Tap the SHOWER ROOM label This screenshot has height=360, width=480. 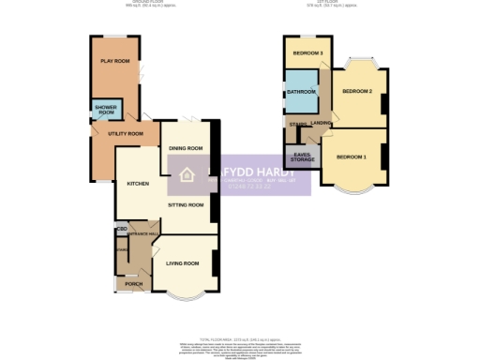(104, 110)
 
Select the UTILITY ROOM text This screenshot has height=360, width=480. (126, 134)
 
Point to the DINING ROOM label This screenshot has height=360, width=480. (186, 148)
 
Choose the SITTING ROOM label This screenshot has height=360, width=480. (185, 203)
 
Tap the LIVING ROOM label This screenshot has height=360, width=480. (184, 263)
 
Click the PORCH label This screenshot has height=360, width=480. (133, 282)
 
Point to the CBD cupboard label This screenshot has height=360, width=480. (122, 227)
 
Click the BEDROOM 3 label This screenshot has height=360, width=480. (307, 52)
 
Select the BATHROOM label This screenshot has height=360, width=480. (301, 92)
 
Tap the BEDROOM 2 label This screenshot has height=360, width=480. (356, 91)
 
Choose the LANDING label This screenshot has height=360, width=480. (322, 123)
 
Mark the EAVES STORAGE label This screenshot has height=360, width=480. (302, 157)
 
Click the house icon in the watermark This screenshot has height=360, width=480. (187, 175)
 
